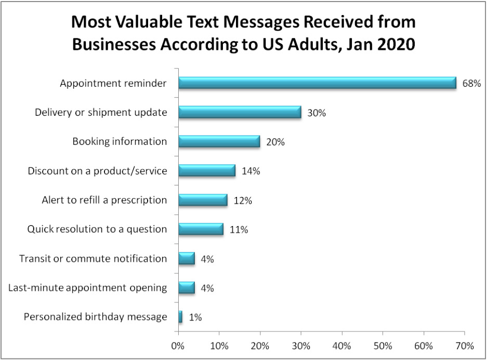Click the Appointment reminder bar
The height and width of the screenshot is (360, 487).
pos(317,83)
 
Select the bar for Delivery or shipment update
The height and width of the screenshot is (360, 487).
pos(240,112)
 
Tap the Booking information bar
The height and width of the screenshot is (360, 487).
pos(219,141)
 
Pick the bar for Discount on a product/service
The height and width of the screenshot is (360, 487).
pos(207,170)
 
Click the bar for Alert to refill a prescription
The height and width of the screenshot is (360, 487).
pos(203,199)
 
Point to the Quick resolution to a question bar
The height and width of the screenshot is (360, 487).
pos(201,229)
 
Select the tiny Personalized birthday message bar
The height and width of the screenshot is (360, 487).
pos(180,316)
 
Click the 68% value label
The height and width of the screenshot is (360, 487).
pos(471,84)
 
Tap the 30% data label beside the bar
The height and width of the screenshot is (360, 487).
pos(316,113)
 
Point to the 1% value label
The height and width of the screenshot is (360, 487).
pos(195,317)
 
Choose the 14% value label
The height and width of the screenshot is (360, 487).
pos(251,171)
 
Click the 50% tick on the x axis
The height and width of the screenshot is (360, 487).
pos(383,345)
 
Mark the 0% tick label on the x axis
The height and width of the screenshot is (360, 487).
pos(178,345)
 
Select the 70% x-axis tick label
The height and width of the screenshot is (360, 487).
pos(464,345)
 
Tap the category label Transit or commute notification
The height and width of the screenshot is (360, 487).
pos(93,258)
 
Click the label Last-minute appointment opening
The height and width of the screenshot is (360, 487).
pos(88,287)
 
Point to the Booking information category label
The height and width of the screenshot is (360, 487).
pos(120,141)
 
